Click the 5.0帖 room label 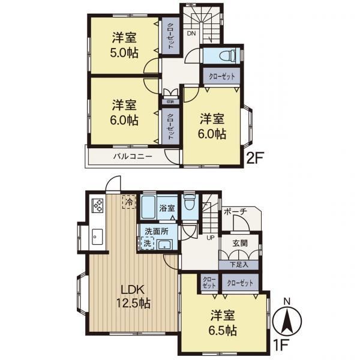coord(124,45)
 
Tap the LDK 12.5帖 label coord(133,296)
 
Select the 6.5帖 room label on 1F coord(223,323)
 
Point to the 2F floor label coord(254,158)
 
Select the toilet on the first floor coord(190,203)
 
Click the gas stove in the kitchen coord(98,205)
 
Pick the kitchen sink coord(97,237)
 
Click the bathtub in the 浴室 coord(148,207)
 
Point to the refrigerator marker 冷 coord(129,202)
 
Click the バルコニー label coord(133,157)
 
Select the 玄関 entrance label coord(240,244)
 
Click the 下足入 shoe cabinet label coord(239,265)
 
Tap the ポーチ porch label coord(235,212)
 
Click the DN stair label coord(191,34)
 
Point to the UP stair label coord(211,238)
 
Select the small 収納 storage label coord(170,101)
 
